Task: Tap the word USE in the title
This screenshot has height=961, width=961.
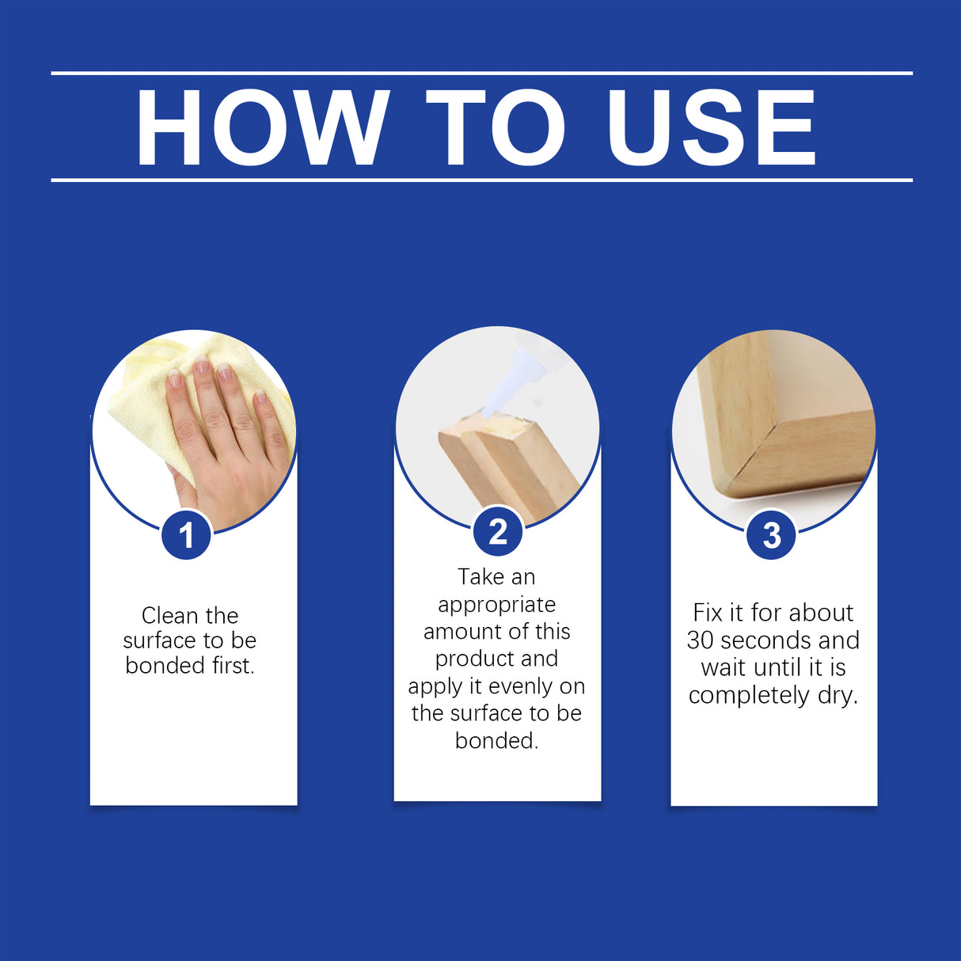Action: (710, 127)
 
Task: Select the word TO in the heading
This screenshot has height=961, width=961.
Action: (496, 127)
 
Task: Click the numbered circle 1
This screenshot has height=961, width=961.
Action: (186, 535)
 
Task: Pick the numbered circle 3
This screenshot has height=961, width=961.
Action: (772, 535)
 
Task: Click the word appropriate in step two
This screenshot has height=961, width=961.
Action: (496, 605)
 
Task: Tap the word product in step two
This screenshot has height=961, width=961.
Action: (473, 659)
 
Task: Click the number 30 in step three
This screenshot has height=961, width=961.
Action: (701, 640)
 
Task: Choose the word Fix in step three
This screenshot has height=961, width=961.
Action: (707, 612)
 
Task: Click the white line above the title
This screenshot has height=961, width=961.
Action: (481, 73)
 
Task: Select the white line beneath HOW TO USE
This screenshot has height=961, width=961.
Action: (481, 180)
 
